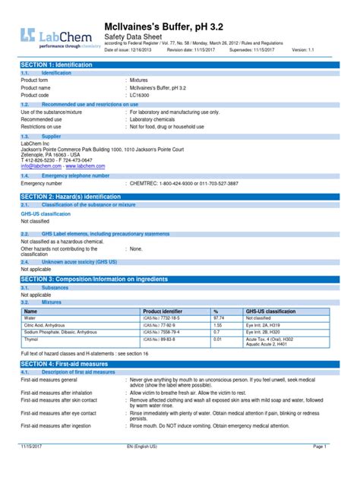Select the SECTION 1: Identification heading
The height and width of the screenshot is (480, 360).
tap(61, 65)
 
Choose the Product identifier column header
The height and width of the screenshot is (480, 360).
tap(163, 311)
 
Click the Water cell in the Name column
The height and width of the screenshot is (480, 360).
tap(31, 319)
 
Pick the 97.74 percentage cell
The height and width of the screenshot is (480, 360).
tap(220, 319)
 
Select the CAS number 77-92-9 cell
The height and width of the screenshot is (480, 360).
tap(163, 326)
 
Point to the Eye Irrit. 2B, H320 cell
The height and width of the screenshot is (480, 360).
tap(265, 333)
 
